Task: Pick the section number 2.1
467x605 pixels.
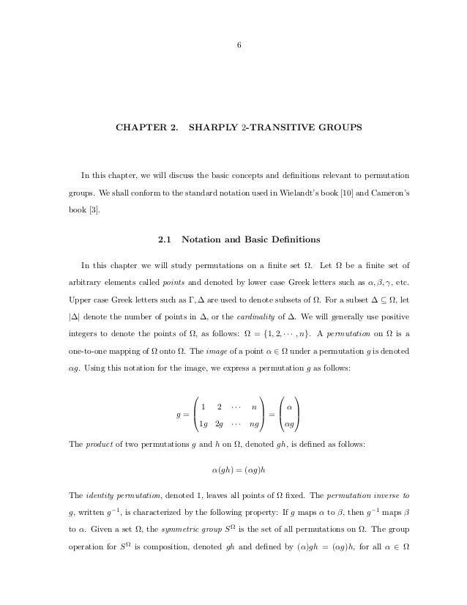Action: [165, 239]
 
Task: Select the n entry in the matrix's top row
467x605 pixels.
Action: [253, 407]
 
